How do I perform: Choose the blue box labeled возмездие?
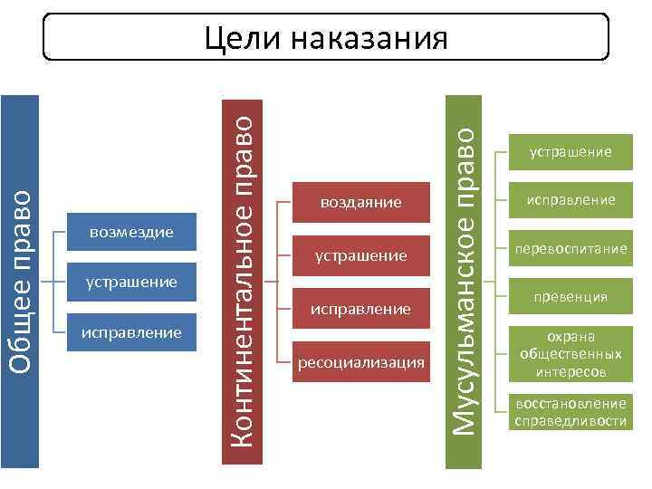(x=131, y=233)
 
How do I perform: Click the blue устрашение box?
(x=131, y=283)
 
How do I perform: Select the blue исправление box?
(x=131, y=332)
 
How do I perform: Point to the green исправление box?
(x=571, y=199)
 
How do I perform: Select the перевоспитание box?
(x=571, y=248)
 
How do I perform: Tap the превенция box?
(x=571, y=296)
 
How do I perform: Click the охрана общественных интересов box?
(x=571, y=354)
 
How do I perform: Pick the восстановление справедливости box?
(x=571, y=412)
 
